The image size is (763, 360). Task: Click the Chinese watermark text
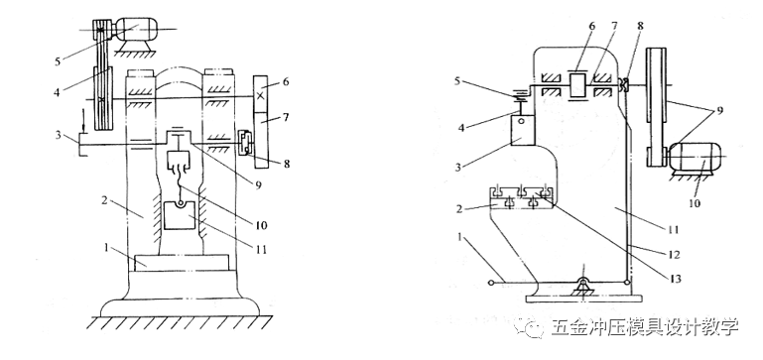coord(645,327)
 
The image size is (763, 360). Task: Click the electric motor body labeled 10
coord(693,156)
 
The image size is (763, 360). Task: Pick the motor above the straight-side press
coord(136,30)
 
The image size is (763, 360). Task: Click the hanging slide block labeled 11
coord(179,216)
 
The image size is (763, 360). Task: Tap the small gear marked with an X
coord(261,95)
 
